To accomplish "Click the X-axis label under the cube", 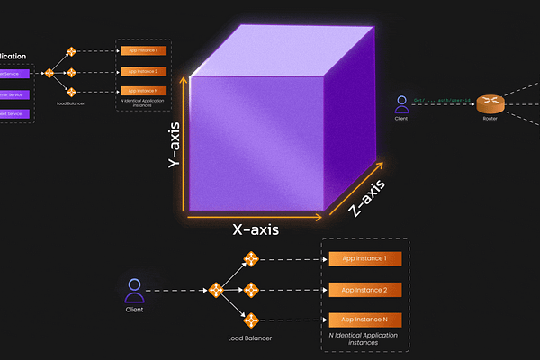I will point(256,229).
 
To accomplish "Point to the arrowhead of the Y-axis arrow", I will point(186,78).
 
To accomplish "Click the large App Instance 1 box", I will point(364,259).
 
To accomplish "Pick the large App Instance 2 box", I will point(364,290).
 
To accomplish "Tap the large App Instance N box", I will point(364,319).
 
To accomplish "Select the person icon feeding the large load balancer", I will point(135,290).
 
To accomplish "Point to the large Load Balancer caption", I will point(249,338).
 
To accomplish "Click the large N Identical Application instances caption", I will point(364,339).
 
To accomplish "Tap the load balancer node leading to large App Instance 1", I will point(252,259).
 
